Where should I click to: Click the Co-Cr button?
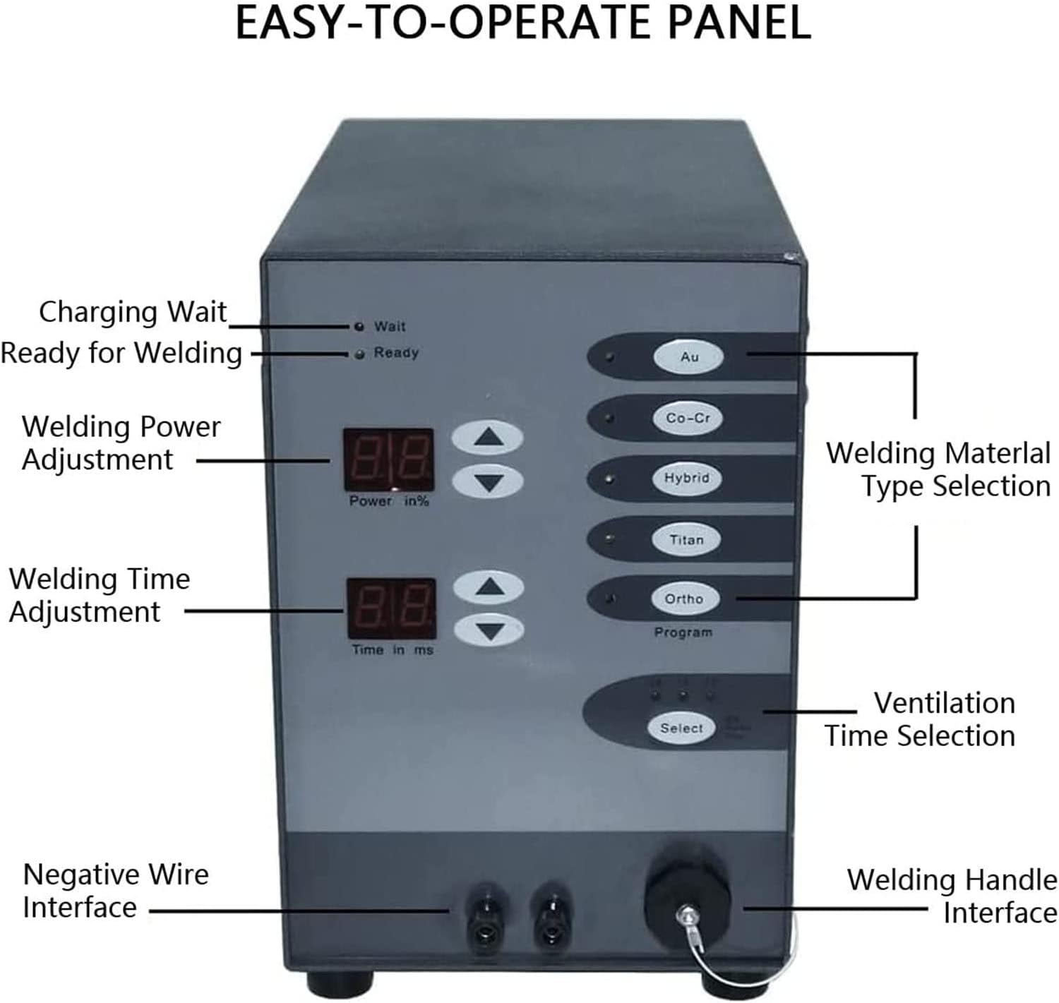tap(688, 418)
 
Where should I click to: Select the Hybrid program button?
tap(687, 479)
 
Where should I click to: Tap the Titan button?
tap(686, 540)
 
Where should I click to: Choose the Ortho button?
tap(684, 599)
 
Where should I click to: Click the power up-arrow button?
tap(488, 438)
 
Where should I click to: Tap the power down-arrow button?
tap(488, 483)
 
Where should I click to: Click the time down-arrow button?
tap(489, 630)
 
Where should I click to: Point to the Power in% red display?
tap(388, 460)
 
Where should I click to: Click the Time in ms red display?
tap(391, 608)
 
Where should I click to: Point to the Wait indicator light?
tap(359, 326)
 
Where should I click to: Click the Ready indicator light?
tap(359, 354)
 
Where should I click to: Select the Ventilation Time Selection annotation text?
tap(921, 719)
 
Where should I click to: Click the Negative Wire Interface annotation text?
tap(116, 891)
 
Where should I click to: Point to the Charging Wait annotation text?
tap(133, 312)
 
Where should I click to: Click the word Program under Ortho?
tap(683, 632)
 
